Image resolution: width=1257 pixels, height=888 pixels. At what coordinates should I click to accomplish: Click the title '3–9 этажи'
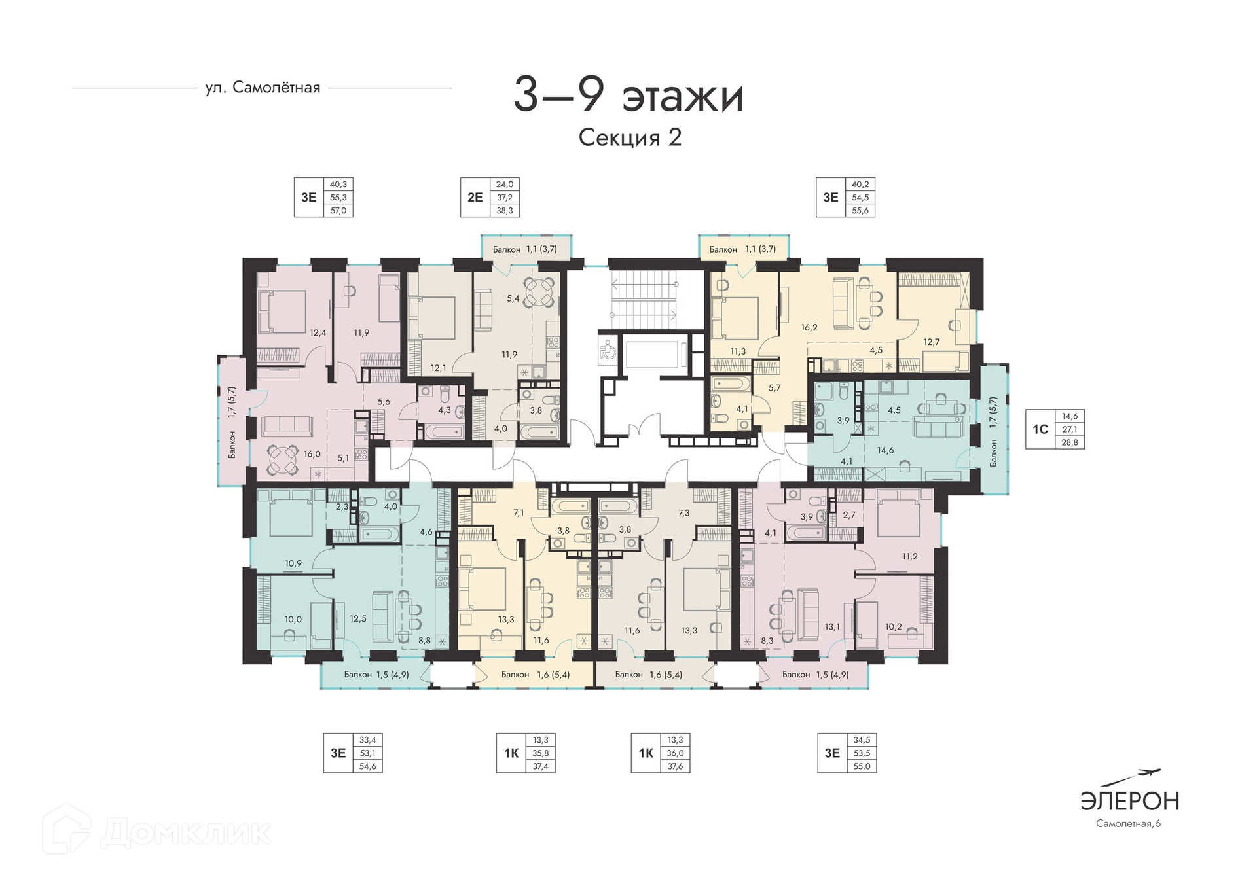pyautogui.click(x=628, y=96)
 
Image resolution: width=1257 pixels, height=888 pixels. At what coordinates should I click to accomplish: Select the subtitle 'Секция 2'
pyautogui.click(x=630, y=137)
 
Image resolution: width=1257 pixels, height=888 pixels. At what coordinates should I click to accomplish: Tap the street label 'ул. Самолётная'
pyautogui.click(x=263, y=88)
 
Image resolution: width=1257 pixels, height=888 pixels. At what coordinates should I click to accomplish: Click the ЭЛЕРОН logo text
pyautogui.click(x=1129, y=801)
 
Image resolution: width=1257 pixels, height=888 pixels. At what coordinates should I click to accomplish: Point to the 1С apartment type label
pyautogui.click(x=1040, y=429)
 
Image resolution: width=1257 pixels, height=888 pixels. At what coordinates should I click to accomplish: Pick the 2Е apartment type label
pyautogui.click(x=475, y=197)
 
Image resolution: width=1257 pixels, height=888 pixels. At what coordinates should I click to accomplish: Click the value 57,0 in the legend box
pyautogui.click(x=338, y=211)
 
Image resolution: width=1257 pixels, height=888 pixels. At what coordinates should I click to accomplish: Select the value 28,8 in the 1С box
pyautogui.click(x=1069, y=442)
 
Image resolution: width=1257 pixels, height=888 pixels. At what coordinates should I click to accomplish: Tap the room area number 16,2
pyautogui.click(x=809, y=327)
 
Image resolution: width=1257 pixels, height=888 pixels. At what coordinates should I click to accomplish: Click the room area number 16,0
pyautogui.click(x=312, y=454)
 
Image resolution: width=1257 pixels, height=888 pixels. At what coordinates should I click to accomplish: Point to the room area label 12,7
pyautogui.click(x=931, y=342)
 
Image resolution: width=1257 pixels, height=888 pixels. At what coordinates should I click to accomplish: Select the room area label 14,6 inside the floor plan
pyautogui.click(x=885, y=450)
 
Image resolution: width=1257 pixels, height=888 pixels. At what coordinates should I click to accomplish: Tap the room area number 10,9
pyautogui.click(x=293, y=563)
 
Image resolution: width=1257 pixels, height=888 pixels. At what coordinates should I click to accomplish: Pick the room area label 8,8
pyautogui.click(x=424, y=641)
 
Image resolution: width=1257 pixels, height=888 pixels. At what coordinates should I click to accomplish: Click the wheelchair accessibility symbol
pyautogui.click(x=607, y=350)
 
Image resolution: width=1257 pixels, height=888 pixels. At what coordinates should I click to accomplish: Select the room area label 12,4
pyautogui.click(x=318, y=332)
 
